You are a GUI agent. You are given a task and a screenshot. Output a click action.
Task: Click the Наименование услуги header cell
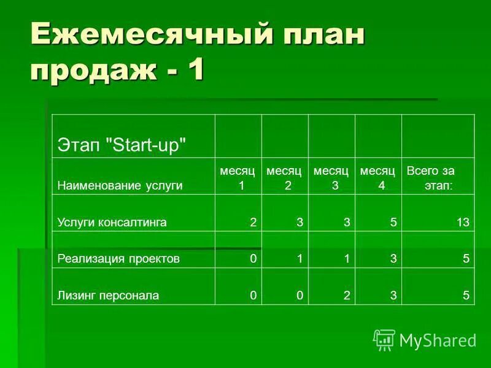(x=120, y=185)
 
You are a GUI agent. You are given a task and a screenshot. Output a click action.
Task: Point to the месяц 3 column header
(x=331, y=178)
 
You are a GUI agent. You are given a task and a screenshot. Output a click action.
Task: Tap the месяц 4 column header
(x=377, y=178)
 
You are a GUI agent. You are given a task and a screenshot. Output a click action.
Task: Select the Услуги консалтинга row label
(x=112, y=222)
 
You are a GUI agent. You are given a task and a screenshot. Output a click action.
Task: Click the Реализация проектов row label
(x=118, y=259)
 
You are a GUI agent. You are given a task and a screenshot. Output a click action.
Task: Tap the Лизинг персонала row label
(x=108, y=296)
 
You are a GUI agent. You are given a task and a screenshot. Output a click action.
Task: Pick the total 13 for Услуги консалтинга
(x=463, y=222)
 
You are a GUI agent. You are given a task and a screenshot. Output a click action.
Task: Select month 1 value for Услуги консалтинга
(x=252, y=222)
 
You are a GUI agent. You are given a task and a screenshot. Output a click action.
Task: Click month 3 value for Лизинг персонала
(x=347, y=296)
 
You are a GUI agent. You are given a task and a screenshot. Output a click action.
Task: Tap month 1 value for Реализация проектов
(x=252, y=259)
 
